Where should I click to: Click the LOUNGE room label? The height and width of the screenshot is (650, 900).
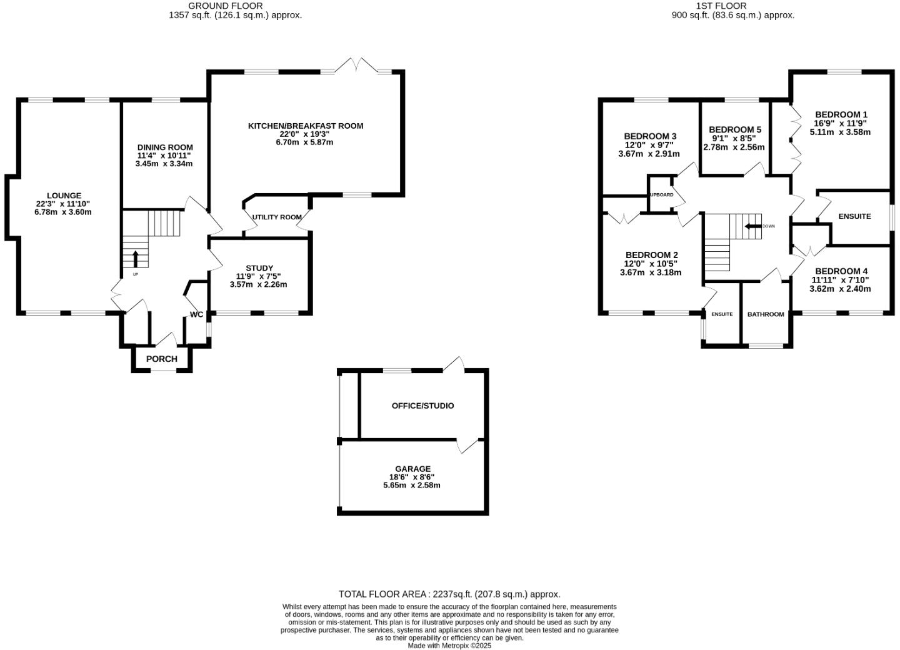click(63, 196)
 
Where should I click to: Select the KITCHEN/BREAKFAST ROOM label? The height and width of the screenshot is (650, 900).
click(306, 126)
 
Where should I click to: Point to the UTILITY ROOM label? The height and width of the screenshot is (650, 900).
click(277, 217)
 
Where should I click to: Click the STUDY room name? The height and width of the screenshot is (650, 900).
click(259, 268)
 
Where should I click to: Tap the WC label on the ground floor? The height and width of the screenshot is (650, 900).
click(196, 314)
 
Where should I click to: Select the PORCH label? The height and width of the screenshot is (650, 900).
click(162, 359)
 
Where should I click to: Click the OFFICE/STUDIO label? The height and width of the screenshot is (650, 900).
click(422, 406)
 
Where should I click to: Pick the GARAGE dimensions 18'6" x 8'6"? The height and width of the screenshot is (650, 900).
click(411, 477)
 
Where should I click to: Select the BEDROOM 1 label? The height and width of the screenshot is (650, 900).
click(841, 114)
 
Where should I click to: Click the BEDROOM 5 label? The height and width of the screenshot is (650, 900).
click(734, 130)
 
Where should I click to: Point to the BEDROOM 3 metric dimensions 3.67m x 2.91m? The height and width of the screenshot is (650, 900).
click(649, 154)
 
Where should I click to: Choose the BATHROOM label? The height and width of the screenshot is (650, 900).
click(766, 314)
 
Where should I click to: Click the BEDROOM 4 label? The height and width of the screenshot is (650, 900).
click(841, 271)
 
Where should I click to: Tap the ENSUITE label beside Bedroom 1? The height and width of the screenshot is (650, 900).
click(854, 216)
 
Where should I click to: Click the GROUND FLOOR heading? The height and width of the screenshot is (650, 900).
click(234, 6)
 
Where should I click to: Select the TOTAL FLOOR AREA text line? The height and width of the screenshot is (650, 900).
click(449, 594)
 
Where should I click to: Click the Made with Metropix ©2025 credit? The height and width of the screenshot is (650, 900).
click(449, 646)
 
